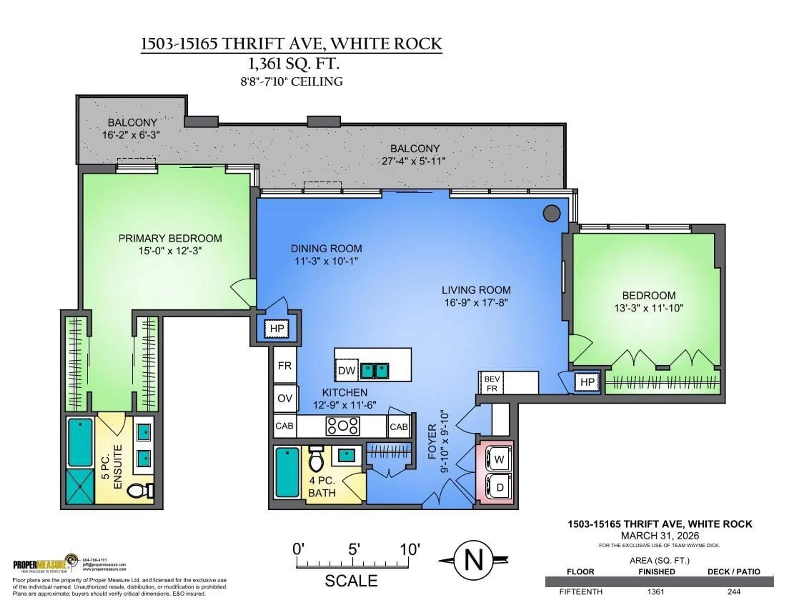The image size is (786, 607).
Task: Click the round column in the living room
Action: [x=551, y=214]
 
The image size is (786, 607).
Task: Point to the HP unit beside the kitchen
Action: [x=277, y=328]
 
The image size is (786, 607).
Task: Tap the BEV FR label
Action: [x=492, y=384]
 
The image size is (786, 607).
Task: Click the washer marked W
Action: [x=499, y=459]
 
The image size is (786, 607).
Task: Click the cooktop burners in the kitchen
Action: [x=343, y=426]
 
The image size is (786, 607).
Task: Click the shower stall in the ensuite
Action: [x=80, y=486]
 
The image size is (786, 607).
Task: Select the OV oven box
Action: [x=285, y=398]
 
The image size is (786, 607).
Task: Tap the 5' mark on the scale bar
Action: [x=353, y=550]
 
